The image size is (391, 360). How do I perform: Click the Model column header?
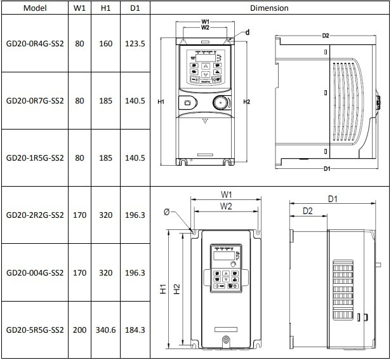(35, 8)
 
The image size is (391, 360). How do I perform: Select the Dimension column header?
(269, 8)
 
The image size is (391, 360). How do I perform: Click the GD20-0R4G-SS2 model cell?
(35, 44)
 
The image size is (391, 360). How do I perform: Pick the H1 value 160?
(106, 44)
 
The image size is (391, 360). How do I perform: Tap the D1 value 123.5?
(135, 44)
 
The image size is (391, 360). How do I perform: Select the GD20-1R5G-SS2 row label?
(35, 158)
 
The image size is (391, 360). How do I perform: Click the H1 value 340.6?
(106, 330)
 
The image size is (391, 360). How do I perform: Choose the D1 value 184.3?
(135, 330)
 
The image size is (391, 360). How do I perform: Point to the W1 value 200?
(79, 330)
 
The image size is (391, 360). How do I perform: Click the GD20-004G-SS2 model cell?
(35, 272)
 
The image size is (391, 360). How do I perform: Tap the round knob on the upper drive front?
(220, 102)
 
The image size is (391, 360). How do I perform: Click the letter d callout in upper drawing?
(248, 32)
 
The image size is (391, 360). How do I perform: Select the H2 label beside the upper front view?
(247, 102)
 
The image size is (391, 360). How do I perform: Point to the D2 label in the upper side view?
(326, 36)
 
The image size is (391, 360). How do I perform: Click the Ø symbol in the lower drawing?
(166, 212)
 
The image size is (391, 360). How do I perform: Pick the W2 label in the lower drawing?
(226, 206)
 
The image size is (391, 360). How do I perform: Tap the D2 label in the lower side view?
(307, 211)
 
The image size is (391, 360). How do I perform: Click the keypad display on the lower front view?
(224, 256)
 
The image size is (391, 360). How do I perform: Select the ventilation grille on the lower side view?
(343, 290)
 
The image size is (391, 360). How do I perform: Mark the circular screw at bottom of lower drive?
(226, 340)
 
